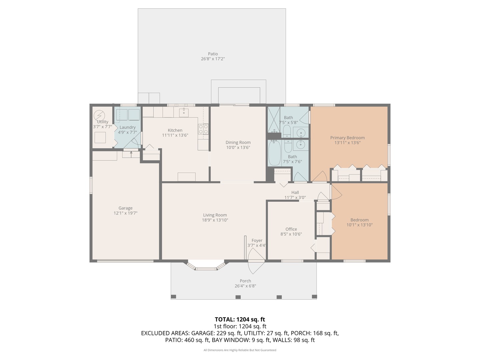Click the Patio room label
(x=213, y=54)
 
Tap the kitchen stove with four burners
(x=203, y=129)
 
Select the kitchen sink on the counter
(x=184, y=112)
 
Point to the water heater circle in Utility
(x=99, y=115)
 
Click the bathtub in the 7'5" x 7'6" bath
(x=275, y=153)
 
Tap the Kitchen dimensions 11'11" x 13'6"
(x=175, y=135)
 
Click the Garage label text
(x=125, y=208)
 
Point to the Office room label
(x=291, y=229)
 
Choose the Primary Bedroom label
(x=347, y=138)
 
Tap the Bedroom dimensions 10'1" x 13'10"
(x=359, y=225)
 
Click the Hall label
(x=295, y=192)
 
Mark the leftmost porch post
(x=173, y=297)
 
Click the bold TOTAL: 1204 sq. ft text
(x=240, y=319)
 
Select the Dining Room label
(x=238, y=142)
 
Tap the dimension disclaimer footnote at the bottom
(x=240, y=350)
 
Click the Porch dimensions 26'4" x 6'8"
(x=245, y=286)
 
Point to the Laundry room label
(x=127, y=127)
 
